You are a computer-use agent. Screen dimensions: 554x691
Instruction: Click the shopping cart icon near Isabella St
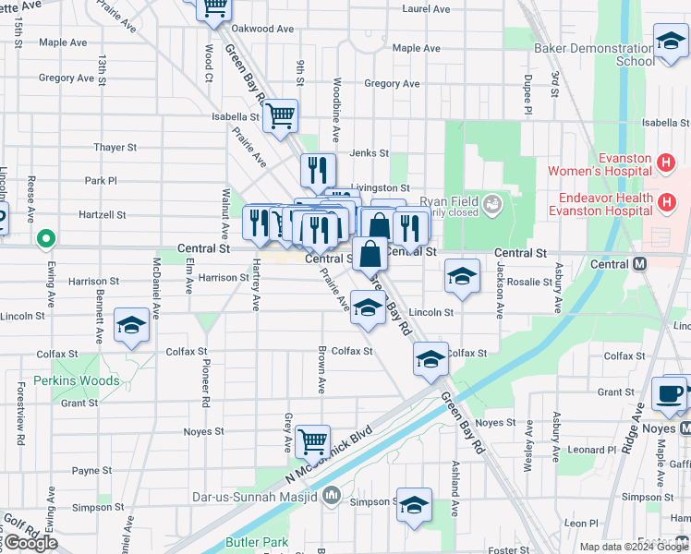280,116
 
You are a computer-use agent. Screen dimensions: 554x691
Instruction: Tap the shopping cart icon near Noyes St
313,440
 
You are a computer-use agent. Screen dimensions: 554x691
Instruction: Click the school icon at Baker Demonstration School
671,40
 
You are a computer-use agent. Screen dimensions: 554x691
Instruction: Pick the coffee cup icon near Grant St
670,393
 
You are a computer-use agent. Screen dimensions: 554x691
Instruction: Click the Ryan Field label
447,202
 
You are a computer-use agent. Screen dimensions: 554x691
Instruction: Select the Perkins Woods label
77,380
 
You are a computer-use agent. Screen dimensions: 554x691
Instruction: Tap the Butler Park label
257,543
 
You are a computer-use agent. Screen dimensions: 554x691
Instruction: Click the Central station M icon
638,264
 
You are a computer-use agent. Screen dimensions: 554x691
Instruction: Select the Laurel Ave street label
426,9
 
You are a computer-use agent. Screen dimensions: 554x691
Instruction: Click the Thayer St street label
115,147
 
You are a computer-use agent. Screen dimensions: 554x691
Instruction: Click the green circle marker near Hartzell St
45,241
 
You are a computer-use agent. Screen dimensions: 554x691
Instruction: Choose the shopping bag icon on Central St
370,253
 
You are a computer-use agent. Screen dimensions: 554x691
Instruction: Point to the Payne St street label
92,471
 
